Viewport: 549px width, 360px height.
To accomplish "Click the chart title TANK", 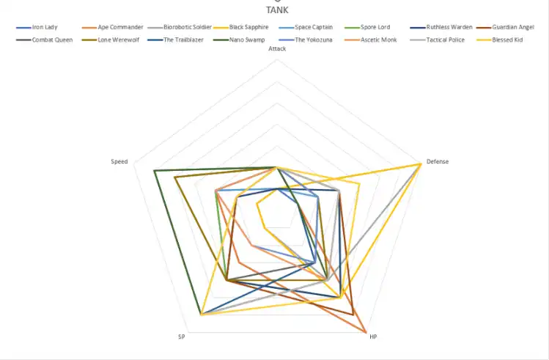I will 276,10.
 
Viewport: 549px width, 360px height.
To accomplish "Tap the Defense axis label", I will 438,161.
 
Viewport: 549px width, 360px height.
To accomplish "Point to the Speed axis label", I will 119,161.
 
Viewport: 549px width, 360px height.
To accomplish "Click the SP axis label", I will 181,337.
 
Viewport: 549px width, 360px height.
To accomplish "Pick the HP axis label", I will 373,337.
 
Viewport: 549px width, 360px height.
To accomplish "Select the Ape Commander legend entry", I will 119,27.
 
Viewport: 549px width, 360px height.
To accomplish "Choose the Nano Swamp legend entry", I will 247,40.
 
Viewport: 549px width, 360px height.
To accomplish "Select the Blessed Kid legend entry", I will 508,40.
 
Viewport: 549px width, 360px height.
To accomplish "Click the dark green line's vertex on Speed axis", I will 155,172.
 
